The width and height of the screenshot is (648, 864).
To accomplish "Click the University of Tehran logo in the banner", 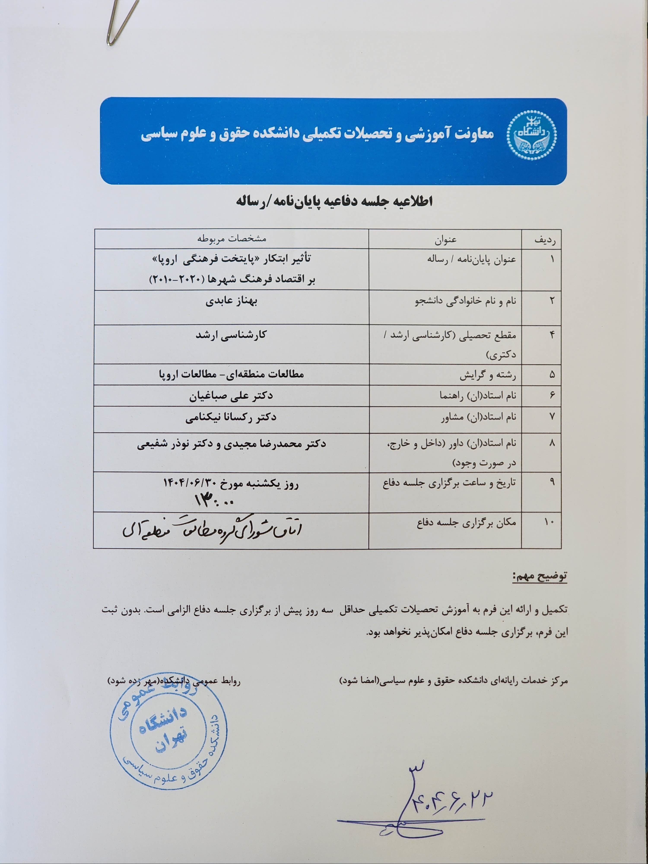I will coord(531,133).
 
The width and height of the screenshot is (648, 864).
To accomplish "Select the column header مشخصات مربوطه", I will coord(231,239).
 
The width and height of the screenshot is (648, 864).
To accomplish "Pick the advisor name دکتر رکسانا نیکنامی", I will coord(231,417).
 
